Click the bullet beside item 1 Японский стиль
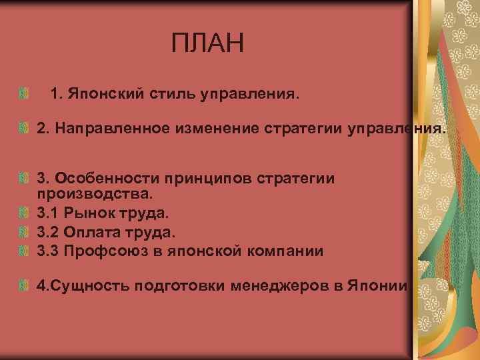(25, 95)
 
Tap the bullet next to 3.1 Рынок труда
(25, 214)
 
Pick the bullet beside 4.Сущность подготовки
(25, 287)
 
